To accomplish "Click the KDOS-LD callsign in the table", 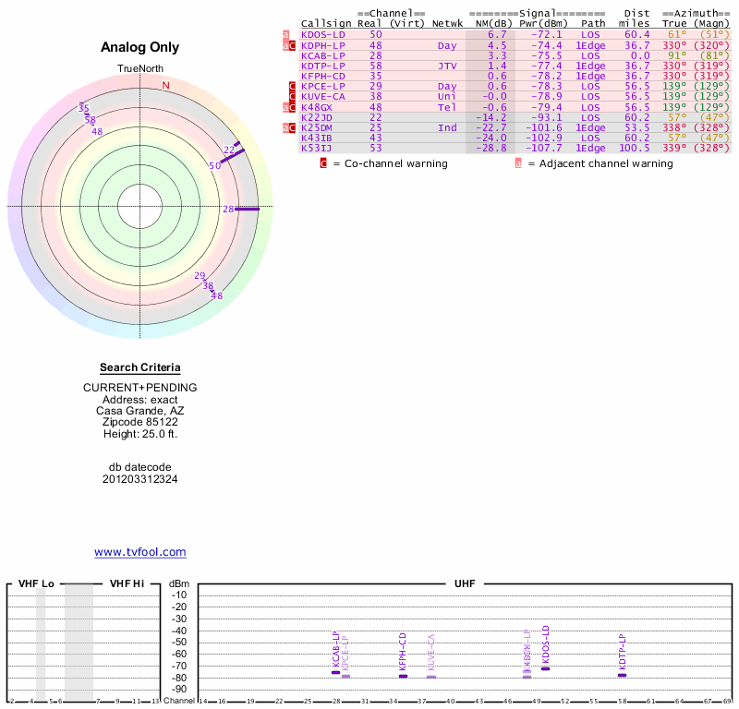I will (322, 34).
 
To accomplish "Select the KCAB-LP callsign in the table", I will (322, 55).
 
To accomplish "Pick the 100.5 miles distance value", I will (635, 148).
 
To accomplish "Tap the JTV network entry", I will (447, 66).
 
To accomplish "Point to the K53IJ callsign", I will (316, 148).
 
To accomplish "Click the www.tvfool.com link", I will (140, 552).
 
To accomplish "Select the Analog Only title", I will (139, 47).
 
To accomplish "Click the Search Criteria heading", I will (140, 367).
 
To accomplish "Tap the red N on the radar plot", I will (166, 86).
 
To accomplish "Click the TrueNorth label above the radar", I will (139, 70).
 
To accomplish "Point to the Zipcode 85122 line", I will (139, 422).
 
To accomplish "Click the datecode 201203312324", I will (139, 479).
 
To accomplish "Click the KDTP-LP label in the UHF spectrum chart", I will (623, 652).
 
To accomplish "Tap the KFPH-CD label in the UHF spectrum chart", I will (403, 651).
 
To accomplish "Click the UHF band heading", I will (464, 584).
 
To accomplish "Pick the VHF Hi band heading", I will (127, 584).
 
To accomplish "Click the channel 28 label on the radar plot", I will (228, 210).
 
